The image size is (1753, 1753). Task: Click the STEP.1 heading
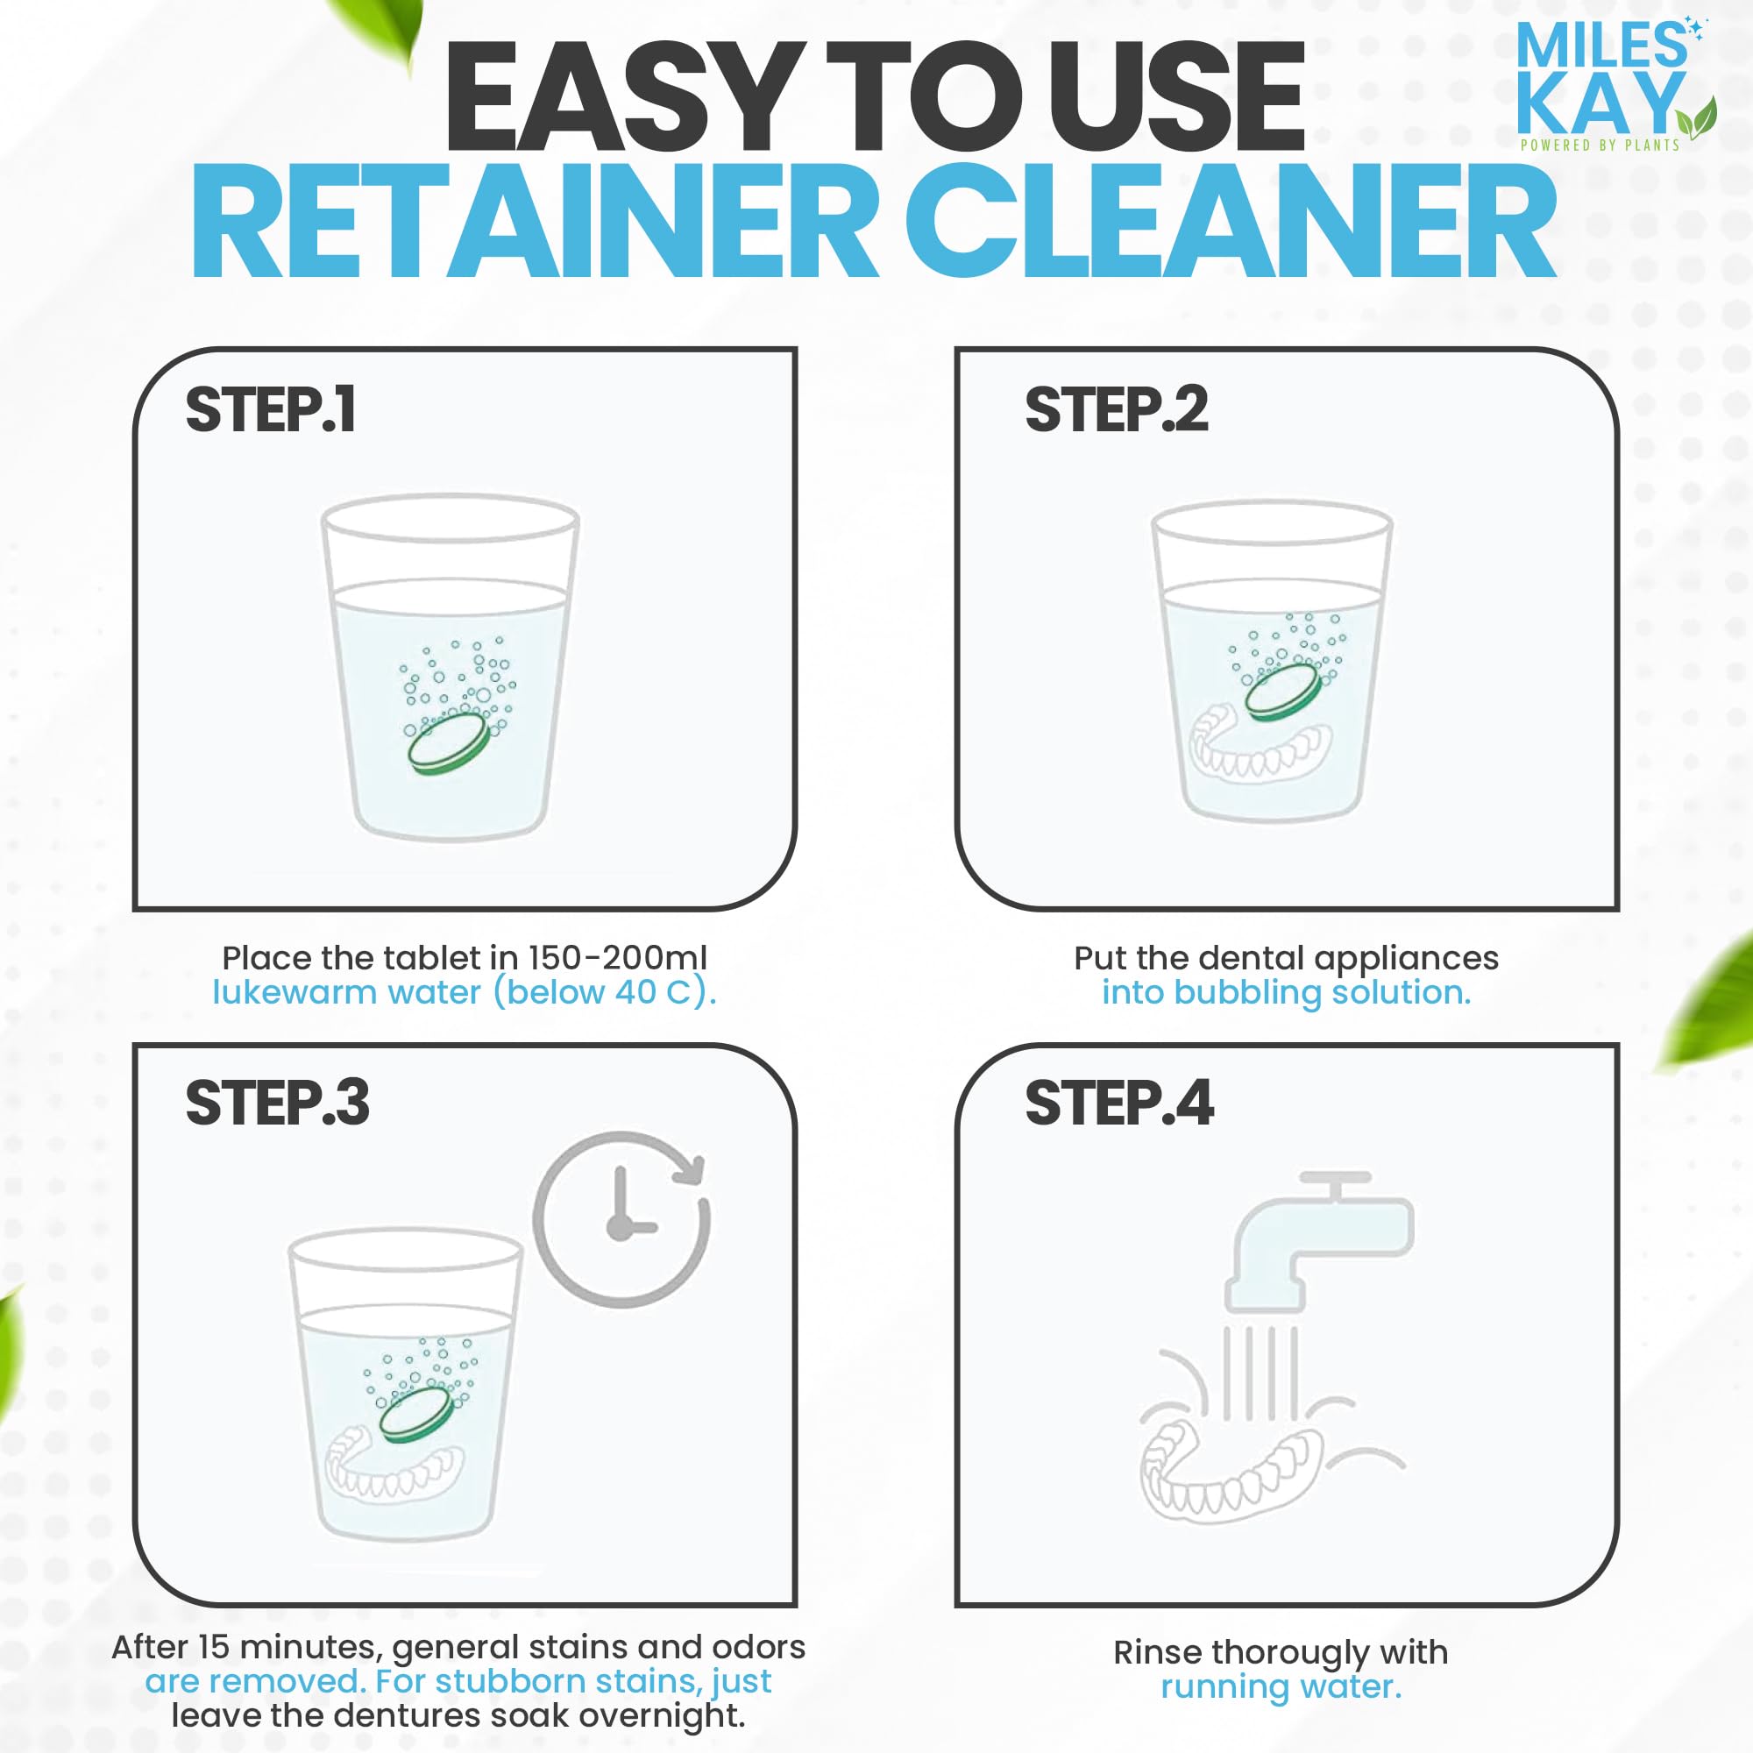coord(270,410)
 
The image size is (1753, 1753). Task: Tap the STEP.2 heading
coord(1116,410)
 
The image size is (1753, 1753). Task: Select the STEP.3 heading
coord(277,1104)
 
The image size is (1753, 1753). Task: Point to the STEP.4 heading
coord(1118,1104)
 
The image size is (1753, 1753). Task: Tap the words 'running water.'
coord(1281,1686)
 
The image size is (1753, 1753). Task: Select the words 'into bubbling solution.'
coord(1286,993)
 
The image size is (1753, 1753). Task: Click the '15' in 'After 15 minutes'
coord(214,1647)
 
